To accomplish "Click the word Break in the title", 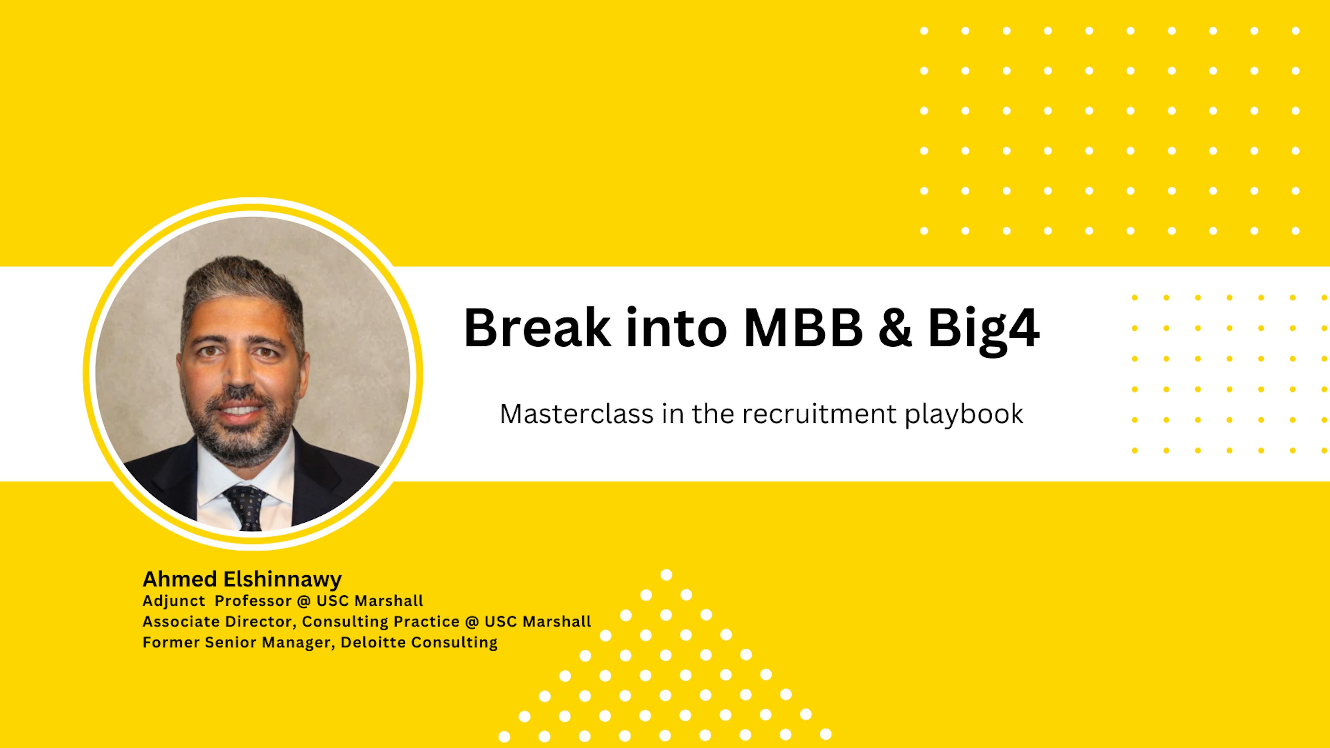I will click(x=537, y=328).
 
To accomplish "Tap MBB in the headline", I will click(x=803, y=328).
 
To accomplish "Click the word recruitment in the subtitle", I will click(x=819, y=414).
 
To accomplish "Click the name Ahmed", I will click(x=180, y=579).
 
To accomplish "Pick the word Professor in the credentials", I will click(x=253, y=601).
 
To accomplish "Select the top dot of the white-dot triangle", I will click(x=666, y=575).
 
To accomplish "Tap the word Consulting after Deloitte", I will click(x=454, y=643).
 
